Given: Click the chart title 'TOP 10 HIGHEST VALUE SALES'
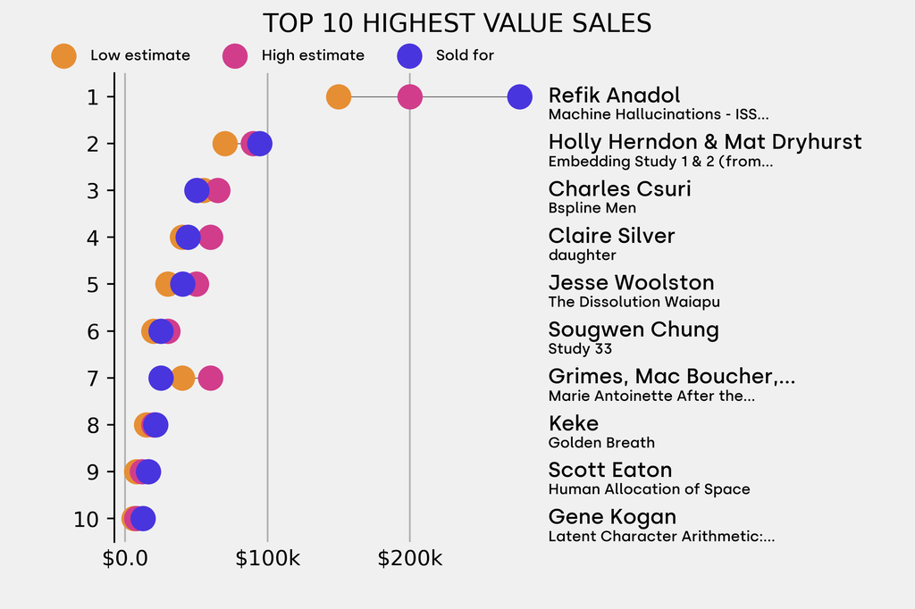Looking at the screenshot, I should tap(457, 23).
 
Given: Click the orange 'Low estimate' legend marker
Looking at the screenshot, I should tap(63, 55).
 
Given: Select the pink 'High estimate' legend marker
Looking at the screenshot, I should tap(235, 55).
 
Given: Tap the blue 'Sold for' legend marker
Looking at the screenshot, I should tap(408, 55).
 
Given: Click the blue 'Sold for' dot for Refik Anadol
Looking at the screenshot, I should tap(519, 96).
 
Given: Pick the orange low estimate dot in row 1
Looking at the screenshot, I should tap(338, 96).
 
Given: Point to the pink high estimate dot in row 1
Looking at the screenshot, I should tap(409, 96).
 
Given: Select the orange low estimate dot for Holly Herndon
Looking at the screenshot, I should tap(225, 144).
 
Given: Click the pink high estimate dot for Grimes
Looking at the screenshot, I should tap(210, 378).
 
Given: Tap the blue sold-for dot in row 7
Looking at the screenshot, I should tap(160, 378).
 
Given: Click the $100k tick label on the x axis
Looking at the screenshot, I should tap(267, 560).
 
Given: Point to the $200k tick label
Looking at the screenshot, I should tap(409, 560).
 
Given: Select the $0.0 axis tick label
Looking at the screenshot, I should tap(125, 560).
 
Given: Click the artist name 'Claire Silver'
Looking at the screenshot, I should tap(611, 236).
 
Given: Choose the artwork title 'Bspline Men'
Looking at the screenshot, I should tap(592, 208).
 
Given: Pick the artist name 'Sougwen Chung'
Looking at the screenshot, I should tap(633, 330).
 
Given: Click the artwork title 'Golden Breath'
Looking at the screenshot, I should tap(600, 443).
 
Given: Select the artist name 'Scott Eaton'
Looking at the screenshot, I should tap(609, 470).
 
